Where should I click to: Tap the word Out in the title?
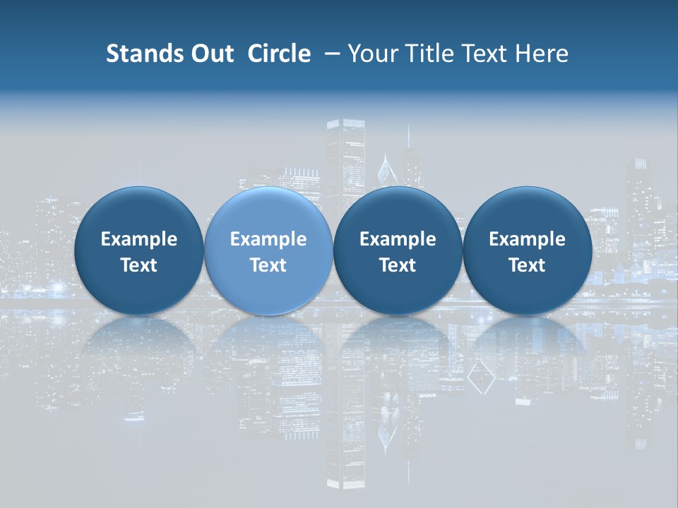pyautogui.click(x=211, y=54)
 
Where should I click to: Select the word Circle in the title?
pyautogui.click(x=279, y=54)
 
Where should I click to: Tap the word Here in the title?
pyautogui.click(x=541, y=54)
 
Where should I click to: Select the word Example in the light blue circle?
pyautogui.click(x=268, y=239)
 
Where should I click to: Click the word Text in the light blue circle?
pyautogui.click(x=268, y=265)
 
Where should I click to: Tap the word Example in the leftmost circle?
pyautogui.click(x=139, y=239)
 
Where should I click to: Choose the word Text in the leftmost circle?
pyautogui.click(x=139, y=265)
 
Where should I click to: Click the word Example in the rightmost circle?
pyautogui.click(x=527, y=239)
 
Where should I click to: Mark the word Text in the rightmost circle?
pyautogui.click(x=527, y=265)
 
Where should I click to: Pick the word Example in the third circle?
pyautogui.click(x=398, y=239)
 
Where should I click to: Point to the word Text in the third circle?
pyautogui.click(x=398, y=265)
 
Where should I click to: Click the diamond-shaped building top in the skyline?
pyautogui.click(x=385, y=169)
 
